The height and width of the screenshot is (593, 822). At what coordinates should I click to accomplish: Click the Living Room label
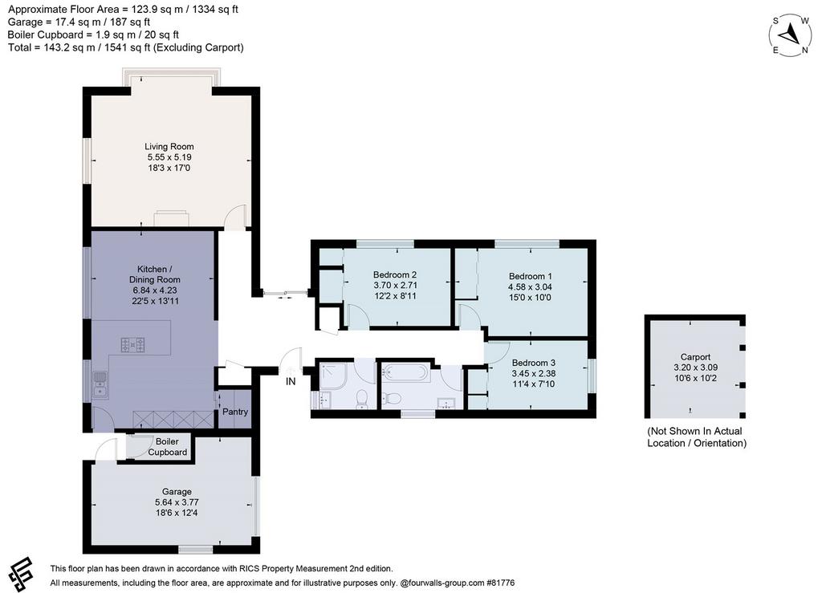169,147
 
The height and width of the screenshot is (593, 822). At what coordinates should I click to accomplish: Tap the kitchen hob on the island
132,345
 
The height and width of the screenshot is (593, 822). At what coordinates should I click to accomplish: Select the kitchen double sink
100,385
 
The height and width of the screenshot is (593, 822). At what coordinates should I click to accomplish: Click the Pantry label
235,412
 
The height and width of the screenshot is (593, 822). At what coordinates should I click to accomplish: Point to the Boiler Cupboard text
167,447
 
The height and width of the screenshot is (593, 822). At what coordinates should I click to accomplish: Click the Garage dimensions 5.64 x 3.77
177,502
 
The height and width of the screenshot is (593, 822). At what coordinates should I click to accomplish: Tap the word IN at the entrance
291,382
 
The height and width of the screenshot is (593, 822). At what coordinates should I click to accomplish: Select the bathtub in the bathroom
405,373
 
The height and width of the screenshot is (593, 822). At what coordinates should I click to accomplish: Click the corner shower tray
332,375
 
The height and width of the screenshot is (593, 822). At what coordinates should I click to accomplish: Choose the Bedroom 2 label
395,274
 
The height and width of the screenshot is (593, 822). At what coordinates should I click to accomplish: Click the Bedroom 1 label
530,276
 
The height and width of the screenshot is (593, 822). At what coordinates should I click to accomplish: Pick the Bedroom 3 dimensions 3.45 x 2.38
533,373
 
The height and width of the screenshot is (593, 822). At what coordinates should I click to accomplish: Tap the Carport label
696,357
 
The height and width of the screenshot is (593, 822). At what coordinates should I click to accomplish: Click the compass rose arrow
789,35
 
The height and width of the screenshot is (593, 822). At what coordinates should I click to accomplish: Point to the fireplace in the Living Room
172,218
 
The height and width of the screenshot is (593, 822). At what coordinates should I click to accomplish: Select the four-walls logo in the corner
22,574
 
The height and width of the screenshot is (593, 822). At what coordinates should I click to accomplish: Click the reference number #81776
501,583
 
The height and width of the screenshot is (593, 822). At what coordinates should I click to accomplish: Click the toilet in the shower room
362,400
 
